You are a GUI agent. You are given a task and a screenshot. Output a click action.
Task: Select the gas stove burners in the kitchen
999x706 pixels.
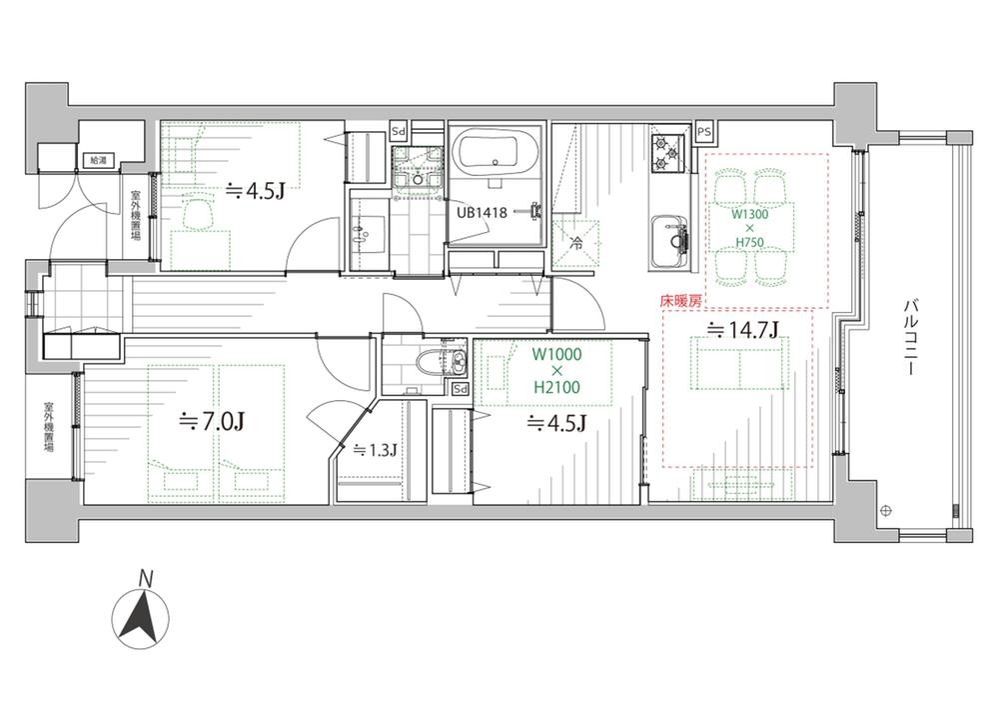pyautogui.click(x=669, y=153)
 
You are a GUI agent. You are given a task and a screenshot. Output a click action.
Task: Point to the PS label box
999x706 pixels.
pyautogui.click(x=704, y=132)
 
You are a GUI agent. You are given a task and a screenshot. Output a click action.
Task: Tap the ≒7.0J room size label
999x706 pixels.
pyautogui.click(x=213, y=421)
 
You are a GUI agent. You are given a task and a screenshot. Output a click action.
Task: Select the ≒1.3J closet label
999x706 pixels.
pyautogui.click(x=375, y=450)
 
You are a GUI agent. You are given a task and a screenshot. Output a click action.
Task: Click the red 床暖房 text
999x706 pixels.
pyautogui.click(x=680, y=300)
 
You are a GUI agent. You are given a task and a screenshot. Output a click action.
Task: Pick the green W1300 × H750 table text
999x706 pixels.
pyautogui.click(x=750, y=228)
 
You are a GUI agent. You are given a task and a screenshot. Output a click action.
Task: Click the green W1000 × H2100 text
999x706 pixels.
pyautogui.click(x=556, y=370)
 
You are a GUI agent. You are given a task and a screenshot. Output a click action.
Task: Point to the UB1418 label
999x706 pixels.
pyautogui.click(x=482, y=212)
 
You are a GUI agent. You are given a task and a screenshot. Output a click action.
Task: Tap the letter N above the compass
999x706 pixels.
pyautogui.click(x=147, y=579)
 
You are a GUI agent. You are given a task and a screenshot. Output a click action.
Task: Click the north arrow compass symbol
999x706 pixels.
pyautogui.click(x=141, y=619)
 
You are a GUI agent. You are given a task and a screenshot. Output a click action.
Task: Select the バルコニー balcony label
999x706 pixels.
pyautogui.click(x=908, y=337)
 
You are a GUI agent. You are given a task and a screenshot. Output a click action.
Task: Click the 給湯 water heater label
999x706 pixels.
pyautogui.click(x=100, y=160)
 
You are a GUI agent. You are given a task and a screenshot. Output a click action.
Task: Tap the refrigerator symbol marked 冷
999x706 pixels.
pyautogui.click(x=575, y=243)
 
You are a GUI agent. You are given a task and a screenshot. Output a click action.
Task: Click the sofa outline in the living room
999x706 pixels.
pyautogui.click(x=739, y=364)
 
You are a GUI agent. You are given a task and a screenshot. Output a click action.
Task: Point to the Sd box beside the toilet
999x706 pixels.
pyautogui.click(x=460, y=388)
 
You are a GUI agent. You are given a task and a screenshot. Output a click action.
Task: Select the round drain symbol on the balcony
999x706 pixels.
pyautogui.click(x=885, y=510)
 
